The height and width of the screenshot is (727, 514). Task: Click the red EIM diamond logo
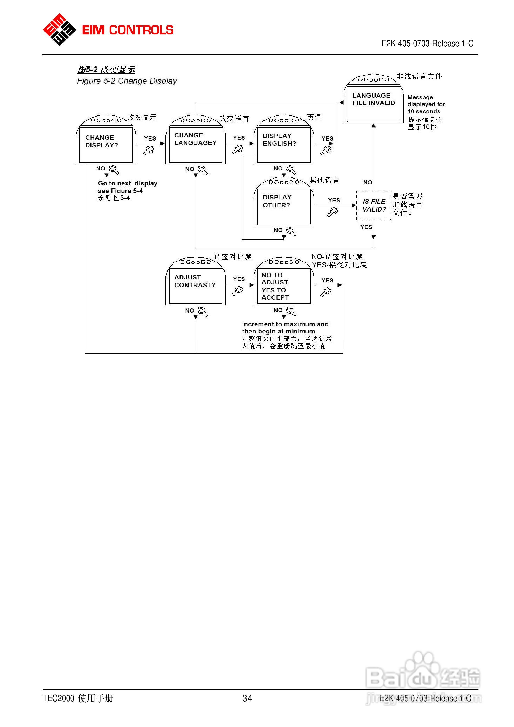pyautogui.click(x=59, y=30)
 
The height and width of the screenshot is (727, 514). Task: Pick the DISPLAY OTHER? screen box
pyautogui.click(x=284, y=201)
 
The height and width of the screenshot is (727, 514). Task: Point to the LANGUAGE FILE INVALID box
pyautogui.click(x=374, y=98)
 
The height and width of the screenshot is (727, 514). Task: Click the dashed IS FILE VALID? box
pyautogui.click(x=374, y=205)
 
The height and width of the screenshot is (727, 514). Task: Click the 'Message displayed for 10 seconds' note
pyautogui.click(x=426, y=104)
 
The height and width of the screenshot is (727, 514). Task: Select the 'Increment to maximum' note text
pyautogui.click(x=285, y=328)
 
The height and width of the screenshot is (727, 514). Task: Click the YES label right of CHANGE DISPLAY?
pyautogui.click(x=150, y=138)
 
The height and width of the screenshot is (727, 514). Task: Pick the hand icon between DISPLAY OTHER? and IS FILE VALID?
pyautogui.click(x=332, y=212)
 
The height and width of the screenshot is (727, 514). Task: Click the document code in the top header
pyautogui.click(x=427, y=43)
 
